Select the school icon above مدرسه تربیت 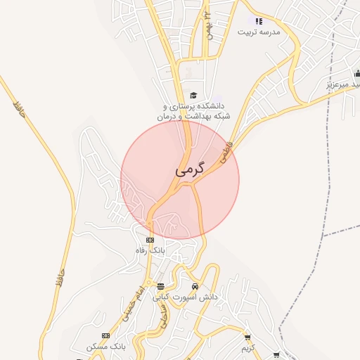coord(258,21)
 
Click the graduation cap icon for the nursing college coord(193,96)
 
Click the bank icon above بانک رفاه coord(150,240)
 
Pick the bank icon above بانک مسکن coord(106,335)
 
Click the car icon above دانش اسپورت coord(195,286)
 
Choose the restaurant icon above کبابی coord(161,286)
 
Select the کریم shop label coord(247,347)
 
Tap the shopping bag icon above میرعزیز coord(357,73)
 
